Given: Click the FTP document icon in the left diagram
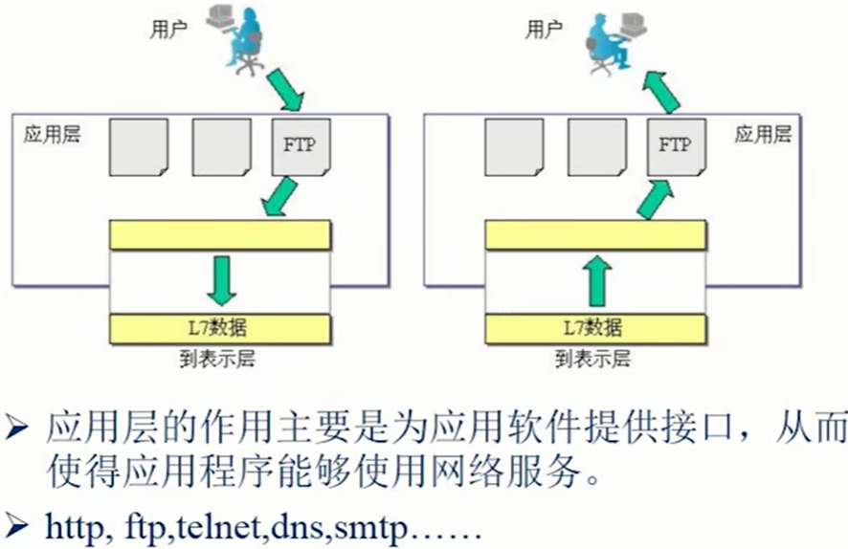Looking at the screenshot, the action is tap(299, 148).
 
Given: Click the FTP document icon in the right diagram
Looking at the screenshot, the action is tap(674, 148).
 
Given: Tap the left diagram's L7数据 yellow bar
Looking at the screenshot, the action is tap(220, 328).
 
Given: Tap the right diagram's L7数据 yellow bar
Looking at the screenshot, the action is tap(595, 328).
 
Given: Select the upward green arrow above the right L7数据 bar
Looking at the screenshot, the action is tap(595, 280).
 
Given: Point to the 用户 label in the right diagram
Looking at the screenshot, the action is tap(543, 30).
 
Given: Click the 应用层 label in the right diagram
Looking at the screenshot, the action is tap(763, 134).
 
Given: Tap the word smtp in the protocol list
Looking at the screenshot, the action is tap(374, 528).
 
